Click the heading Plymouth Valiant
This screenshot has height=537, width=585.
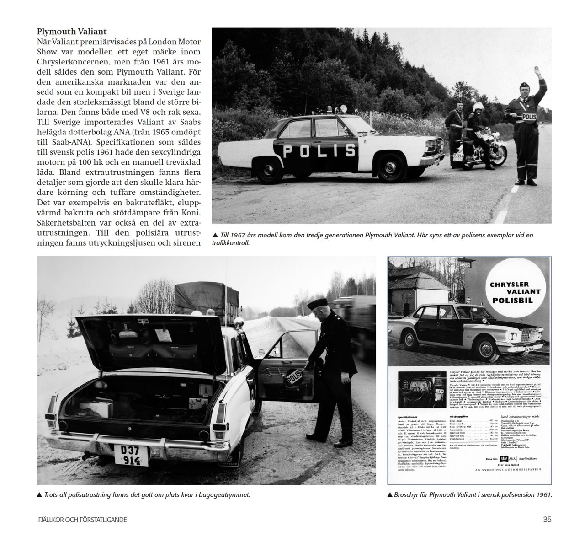(72, 32)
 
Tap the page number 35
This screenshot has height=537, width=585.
(547, 519)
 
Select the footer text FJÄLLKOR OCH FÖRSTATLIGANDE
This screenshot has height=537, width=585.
(83, 520)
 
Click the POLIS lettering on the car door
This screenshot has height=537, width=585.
(319, 150)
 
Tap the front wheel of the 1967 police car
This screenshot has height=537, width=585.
(389, 166)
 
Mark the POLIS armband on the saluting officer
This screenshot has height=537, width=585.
(528, 117)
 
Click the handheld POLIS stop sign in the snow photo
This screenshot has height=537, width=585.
(297, 376)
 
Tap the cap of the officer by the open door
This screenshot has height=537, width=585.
(318, 303)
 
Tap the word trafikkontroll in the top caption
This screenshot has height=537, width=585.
(231, 243)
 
